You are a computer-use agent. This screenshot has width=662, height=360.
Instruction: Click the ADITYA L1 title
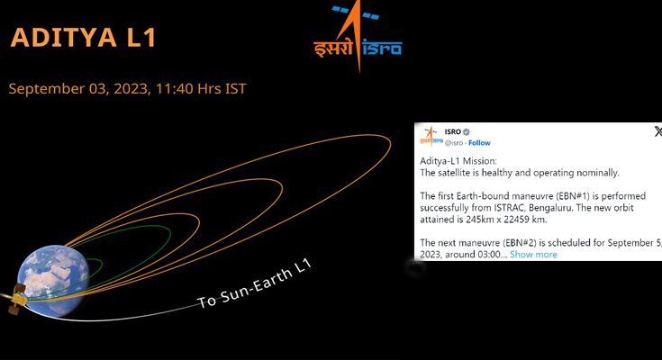pyautogui.click(x=83, y=37)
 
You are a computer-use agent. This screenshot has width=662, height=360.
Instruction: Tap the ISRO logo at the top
pyautogui.click(x=358, y=37)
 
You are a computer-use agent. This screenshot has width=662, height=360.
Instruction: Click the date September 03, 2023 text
pyautogui.click(x=78, y=88)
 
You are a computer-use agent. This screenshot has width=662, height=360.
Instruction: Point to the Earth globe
pyautogui.click(x=53, y=280)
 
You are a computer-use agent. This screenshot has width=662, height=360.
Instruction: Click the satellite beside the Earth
pyautogui.click(x=16, y=299)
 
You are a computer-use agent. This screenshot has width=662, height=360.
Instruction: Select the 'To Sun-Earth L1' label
pyautogui.click(x=255, y=283)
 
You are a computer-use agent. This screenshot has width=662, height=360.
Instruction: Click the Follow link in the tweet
pyautogui.click(x=479, y=143)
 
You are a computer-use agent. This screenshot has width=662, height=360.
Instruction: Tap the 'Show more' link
pyautogui.click(x=533, y=255)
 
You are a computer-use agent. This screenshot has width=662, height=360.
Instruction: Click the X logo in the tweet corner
pyautogui.click(x=657, y=131)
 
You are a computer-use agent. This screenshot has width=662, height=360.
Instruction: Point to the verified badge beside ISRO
pyautogui.click(x=467, y=132)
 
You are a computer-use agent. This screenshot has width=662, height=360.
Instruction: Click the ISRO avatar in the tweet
pyautogui.click(x=431, y=136)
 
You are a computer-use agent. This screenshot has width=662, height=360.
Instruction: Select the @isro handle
pyautogui.click(x=454, y=143)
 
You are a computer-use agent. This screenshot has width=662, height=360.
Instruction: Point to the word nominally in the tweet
pyautogui.click(x=597, y=173)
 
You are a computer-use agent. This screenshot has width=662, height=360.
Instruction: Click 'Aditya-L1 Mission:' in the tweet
pyautogui.click(x=458, y=161)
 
